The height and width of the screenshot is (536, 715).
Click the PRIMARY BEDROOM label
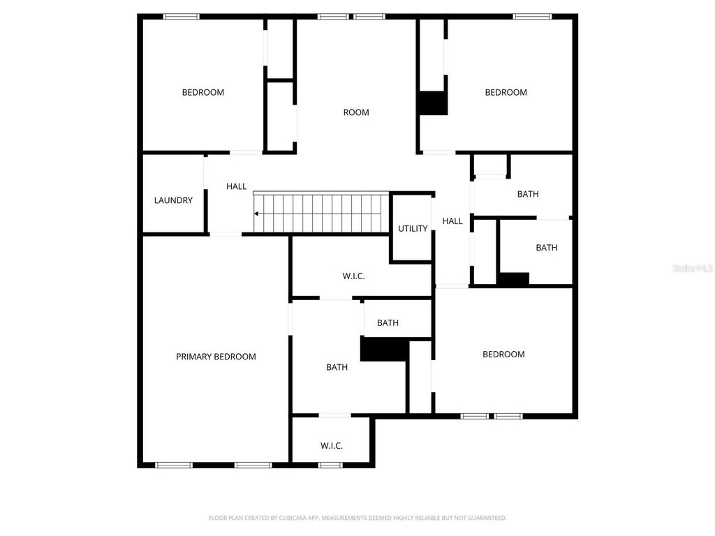click(216, 357)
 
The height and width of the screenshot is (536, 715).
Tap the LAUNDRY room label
click(173, 200)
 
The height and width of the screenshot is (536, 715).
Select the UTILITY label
click(413, 228)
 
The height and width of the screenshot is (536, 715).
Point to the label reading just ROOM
click(356, 112)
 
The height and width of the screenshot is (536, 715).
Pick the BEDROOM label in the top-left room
click(203, 92)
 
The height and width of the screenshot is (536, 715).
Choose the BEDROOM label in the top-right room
click(506, 92)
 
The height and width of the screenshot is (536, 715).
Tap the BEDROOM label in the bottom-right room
click(503, 354)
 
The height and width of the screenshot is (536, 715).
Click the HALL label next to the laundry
click(237, 186)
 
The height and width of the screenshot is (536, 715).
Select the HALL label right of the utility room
click(452, 221)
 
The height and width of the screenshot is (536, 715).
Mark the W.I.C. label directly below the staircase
click(354, 276)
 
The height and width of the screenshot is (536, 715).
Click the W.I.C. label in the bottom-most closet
click(332, 446)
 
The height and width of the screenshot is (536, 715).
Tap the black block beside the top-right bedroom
click(432, 103)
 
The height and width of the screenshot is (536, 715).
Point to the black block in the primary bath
click(383, 349)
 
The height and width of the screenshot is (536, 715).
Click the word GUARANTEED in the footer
click(485, 518)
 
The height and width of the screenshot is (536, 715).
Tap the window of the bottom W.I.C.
click(330, 465)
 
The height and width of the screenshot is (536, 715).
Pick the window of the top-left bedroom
click(182, 16)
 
